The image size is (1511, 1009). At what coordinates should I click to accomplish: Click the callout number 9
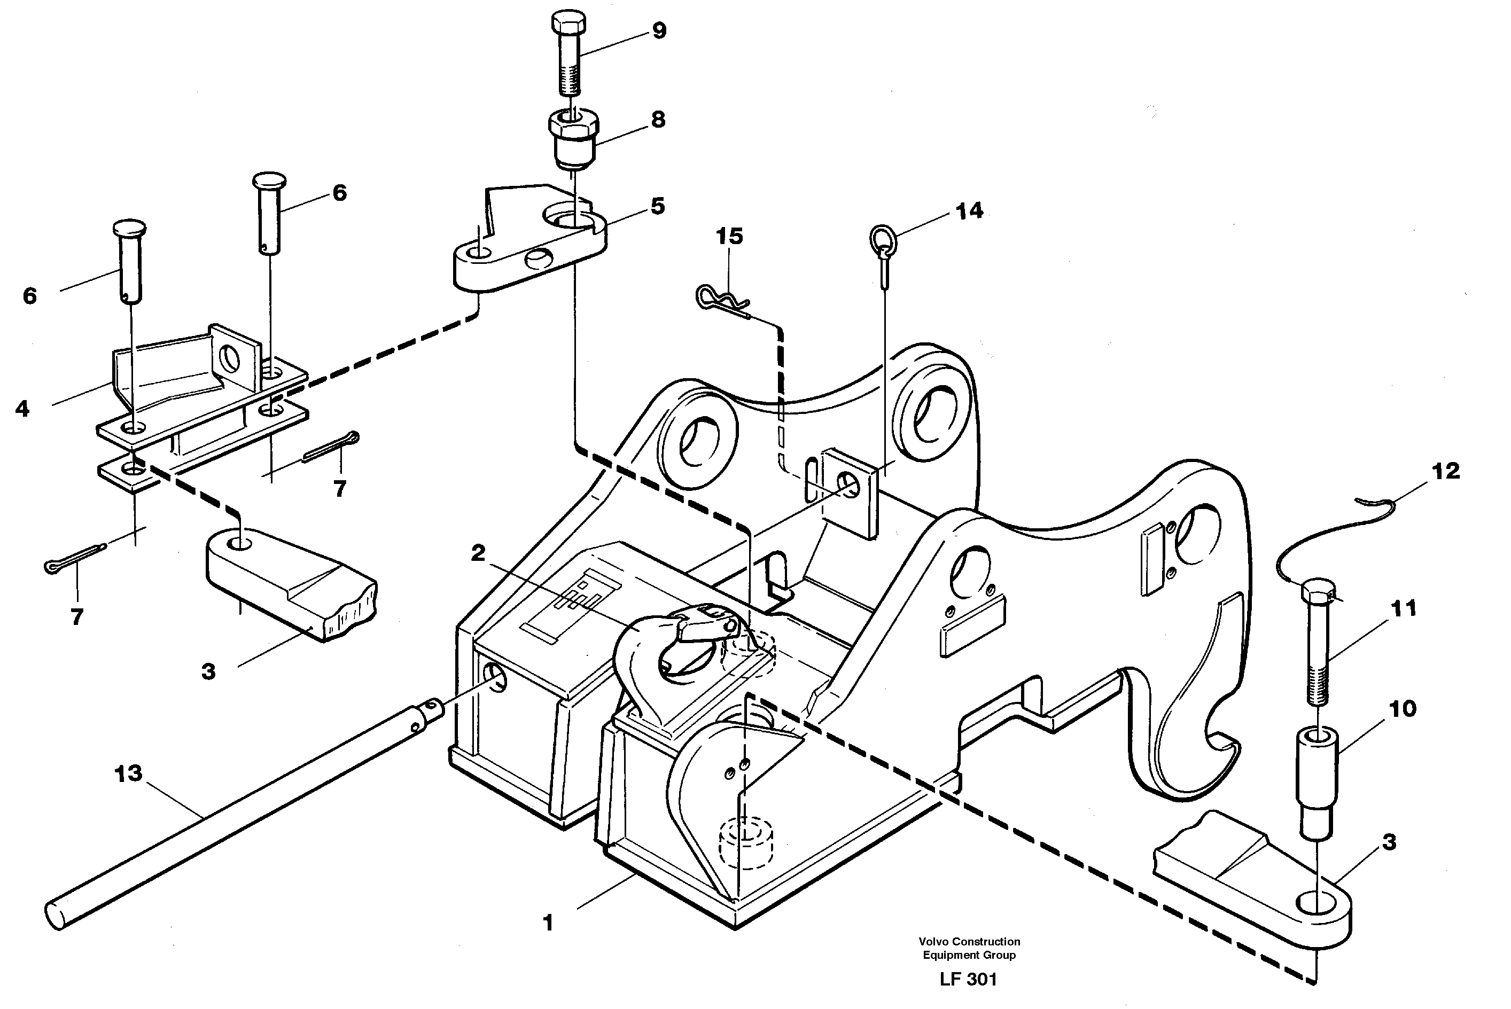(659, 30)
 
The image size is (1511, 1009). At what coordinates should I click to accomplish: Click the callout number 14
(969, 211)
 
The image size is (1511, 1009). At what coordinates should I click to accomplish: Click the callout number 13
(128, 773)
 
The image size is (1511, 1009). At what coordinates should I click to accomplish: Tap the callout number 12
(1445, 471)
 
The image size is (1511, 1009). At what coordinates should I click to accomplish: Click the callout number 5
(657, 206)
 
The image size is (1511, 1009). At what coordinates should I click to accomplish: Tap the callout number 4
(22, 408)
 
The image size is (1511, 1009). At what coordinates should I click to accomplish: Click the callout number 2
(478, 553)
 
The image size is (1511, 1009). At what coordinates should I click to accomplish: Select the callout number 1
(548, 923)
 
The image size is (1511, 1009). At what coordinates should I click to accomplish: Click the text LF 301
(968, 979)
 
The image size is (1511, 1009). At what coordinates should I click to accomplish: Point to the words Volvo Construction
(969, 942)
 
